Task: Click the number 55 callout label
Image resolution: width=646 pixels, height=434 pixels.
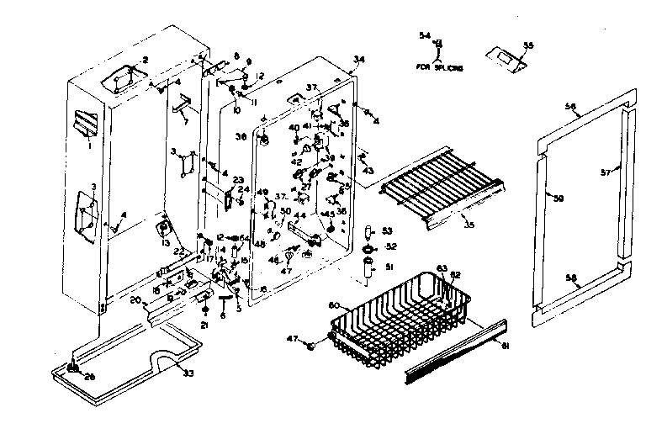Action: pos(528,45)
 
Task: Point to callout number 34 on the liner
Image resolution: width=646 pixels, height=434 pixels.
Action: pos(359,60)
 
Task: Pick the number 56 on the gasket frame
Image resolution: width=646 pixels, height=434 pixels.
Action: pos(570,108)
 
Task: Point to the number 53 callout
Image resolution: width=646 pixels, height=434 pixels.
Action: pos(387,230)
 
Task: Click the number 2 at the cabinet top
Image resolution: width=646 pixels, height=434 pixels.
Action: pos(145,60)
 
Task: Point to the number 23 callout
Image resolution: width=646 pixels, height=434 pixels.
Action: pos(238,179)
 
